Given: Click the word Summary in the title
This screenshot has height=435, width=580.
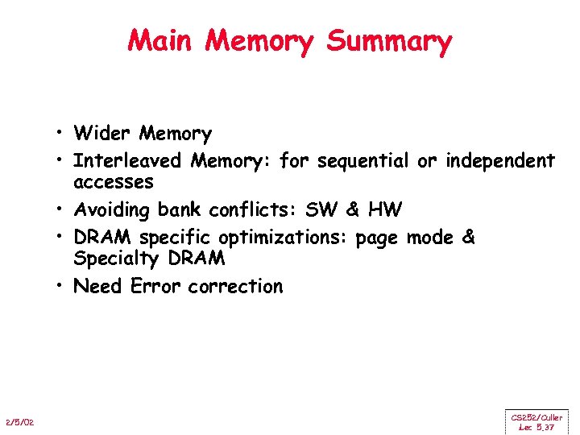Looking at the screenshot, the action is (x=389, y=41).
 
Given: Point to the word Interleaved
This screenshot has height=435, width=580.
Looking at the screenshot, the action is (x=128, y=161).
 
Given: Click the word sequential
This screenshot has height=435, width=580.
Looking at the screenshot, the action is (x=363, y=162).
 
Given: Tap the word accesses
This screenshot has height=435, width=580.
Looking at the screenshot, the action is (x=114, y=183).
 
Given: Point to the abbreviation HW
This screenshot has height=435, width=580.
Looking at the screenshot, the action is (x=383, y=210).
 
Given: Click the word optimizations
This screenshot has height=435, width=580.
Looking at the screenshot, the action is (x=287, y=238).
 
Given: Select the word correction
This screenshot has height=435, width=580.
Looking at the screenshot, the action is (x=235, y=287).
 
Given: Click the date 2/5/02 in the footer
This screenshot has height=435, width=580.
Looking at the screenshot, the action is (x=18, y=424).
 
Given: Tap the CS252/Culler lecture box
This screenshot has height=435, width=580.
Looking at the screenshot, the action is (x=536, y=421).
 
